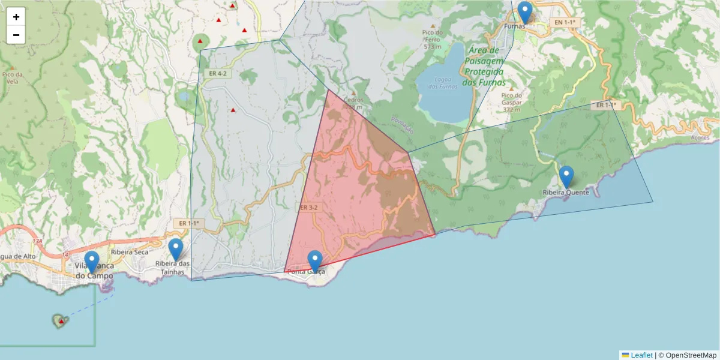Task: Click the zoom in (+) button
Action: (x=16, y=17)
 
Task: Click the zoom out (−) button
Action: (x=16, y=35)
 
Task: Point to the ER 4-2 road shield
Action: (x=218, y=73)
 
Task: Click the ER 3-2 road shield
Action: (x=308, y=208)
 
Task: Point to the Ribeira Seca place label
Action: (x=129, y=252)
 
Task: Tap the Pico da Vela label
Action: (x=12, y=77)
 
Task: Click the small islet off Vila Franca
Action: (x=60, y=321)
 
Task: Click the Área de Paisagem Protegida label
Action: (x=485, y=67)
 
